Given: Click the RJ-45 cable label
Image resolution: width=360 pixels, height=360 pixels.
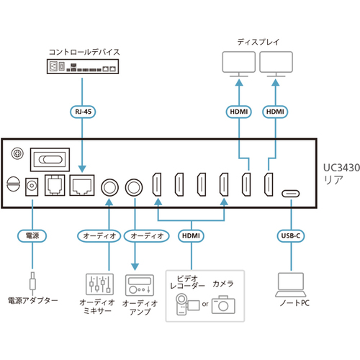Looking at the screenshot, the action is pos(83,112).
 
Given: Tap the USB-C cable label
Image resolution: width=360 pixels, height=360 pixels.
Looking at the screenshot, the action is pos(291,235).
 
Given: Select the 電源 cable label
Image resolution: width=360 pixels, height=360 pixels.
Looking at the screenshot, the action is pos(32,235).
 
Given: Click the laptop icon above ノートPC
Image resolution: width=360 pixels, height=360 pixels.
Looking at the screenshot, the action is pos(291,285).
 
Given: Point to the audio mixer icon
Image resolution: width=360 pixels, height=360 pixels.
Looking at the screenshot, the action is pos(99,284).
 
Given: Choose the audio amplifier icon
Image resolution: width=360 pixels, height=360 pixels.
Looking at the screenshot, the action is pos(140,285).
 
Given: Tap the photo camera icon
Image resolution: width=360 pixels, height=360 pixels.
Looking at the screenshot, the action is pos(223,305).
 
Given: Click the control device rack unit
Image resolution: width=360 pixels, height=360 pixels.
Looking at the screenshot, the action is pos(83,66).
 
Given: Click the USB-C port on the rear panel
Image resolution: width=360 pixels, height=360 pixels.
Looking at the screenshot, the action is pos(291,194).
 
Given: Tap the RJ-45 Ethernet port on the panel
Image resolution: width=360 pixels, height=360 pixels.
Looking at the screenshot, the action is pos(82,186).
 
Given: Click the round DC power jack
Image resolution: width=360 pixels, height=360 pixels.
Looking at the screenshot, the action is pos(32,186).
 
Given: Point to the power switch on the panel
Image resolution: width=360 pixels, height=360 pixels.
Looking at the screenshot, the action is pos(50,160).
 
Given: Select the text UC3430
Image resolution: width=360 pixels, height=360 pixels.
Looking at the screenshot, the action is pos(341,168).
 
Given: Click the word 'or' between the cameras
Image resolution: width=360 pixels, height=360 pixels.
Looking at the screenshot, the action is pos(205,304).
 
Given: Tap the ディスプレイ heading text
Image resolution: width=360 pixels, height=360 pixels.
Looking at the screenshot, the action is pos(258,42).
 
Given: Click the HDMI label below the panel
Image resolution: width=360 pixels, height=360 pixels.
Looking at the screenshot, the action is pos(191,235).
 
